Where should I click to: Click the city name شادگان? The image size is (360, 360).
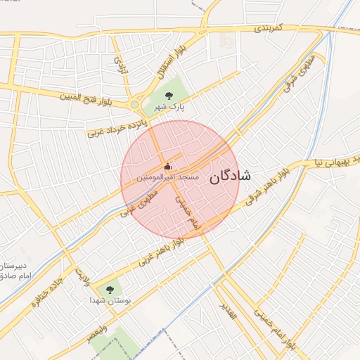coord(230,176)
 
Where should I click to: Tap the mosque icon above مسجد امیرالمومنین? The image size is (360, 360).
coord(167,167)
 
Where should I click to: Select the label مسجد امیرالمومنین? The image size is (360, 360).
coord(169,178)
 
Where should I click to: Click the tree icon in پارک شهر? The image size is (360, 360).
coord(168,95)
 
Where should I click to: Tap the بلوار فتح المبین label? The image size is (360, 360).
coord(91,95)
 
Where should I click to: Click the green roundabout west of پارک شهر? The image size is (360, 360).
coord(134,105)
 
